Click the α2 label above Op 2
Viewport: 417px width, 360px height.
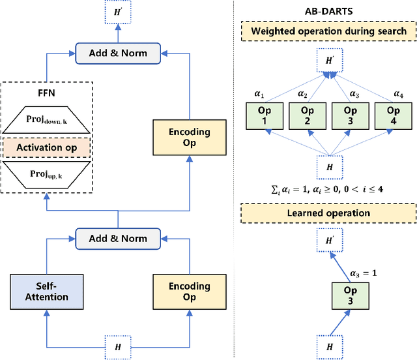(303, 93)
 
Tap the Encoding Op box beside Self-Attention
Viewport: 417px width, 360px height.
(189, 292)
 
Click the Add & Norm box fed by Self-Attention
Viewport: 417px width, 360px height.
(118, 238)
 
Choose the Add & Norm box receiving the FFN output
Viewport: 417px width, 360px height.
(118, 52)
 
